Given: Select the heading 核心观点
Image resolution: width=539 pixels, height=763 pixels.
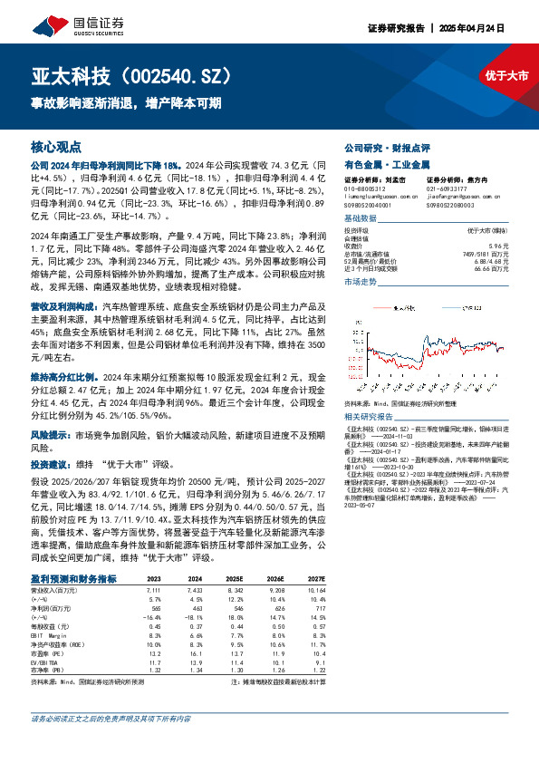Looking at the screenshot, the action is [56, 147].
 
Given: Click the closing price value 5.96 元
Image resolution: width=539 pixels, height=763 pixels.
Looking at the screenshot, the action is [499, 245].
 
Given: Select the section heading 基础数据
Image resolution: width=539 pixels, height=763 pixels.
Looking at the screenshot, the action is [360, 219].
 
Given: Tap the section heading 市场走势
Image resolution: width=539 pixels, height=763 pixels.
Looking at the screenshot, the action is [360, 283].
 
